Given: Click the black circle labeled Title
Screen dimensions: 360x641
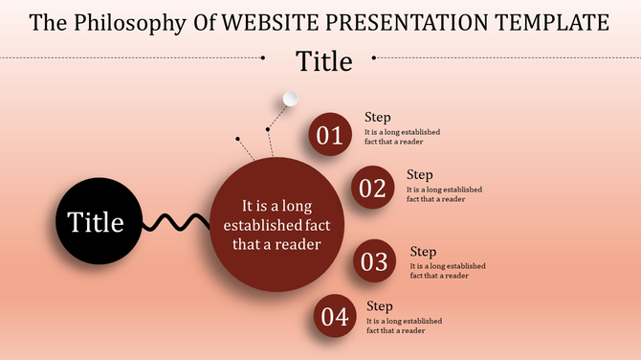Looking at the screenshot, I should (96, 222).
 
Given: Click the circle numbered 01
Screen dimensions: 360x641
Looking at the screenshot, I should (330, 135).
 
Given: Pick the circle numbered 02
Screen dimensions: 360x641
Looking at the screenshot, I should (372, 188).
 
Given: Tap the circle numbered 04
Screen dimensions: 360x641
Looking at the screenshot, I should (335, 317).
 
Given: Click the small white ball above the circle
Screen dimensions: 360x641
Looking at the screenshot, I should (292, 99).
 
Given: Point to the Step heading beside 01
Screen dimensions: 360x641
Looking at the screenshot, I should (378, 118).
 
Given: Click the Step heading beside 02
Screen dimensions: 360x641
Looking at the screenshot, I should (420, 175).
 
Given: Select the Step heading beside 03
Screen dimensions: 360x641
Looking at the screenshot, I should (423, 252).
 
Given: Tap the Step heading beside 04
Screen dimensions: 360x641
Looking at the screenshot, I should (380, 306).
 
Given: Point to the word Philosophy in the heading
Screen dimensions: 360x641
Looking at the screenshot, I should (130, 22).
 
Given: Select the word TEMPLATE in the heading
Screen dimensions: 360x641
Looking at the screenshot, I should (548, 22).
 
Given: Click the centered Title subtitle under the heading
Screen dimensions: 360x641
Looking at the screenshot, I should (323, 61).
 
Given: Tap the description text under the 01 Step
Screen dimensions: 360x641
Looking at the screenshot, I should (403, 137).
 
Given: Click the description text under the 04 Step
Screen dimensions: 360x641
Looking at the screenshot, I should (405, 326).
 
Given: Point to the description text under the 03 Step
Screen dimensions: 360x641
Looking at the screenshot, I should (448, 271).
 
